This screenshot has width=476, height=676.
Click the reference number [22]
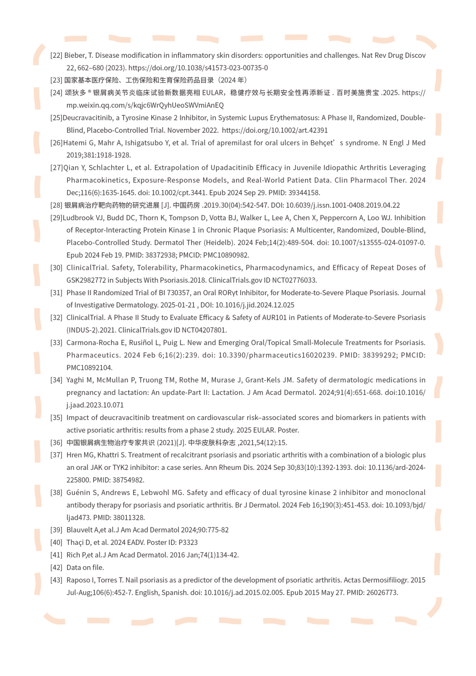(x=56, y=56)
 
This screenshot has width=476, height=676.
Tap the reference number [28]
(x=56, y=205)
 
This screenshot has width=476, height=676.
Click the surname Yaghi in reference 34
(x=75, y=380)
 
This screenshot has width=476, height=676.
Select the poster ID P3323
(x=188, y=543)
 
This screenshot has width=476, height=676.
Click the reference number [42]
(x=56, y=568)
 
